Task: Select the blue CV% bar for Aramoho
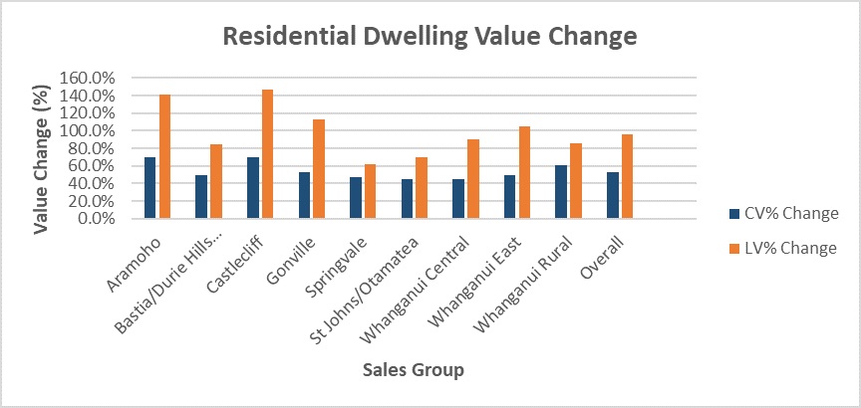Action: (x=149, y=187)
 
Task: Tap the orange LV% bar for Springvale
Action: (x=371, y=191)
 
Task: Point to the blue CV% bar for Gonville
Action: (x=303, y=195)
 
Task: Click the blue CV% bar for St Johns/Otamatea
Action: (x=407, y=198)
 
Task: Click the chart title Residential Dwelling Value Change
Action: (x=430, y=38)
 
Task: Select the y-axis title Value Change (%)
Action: (x=42, y=148)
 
